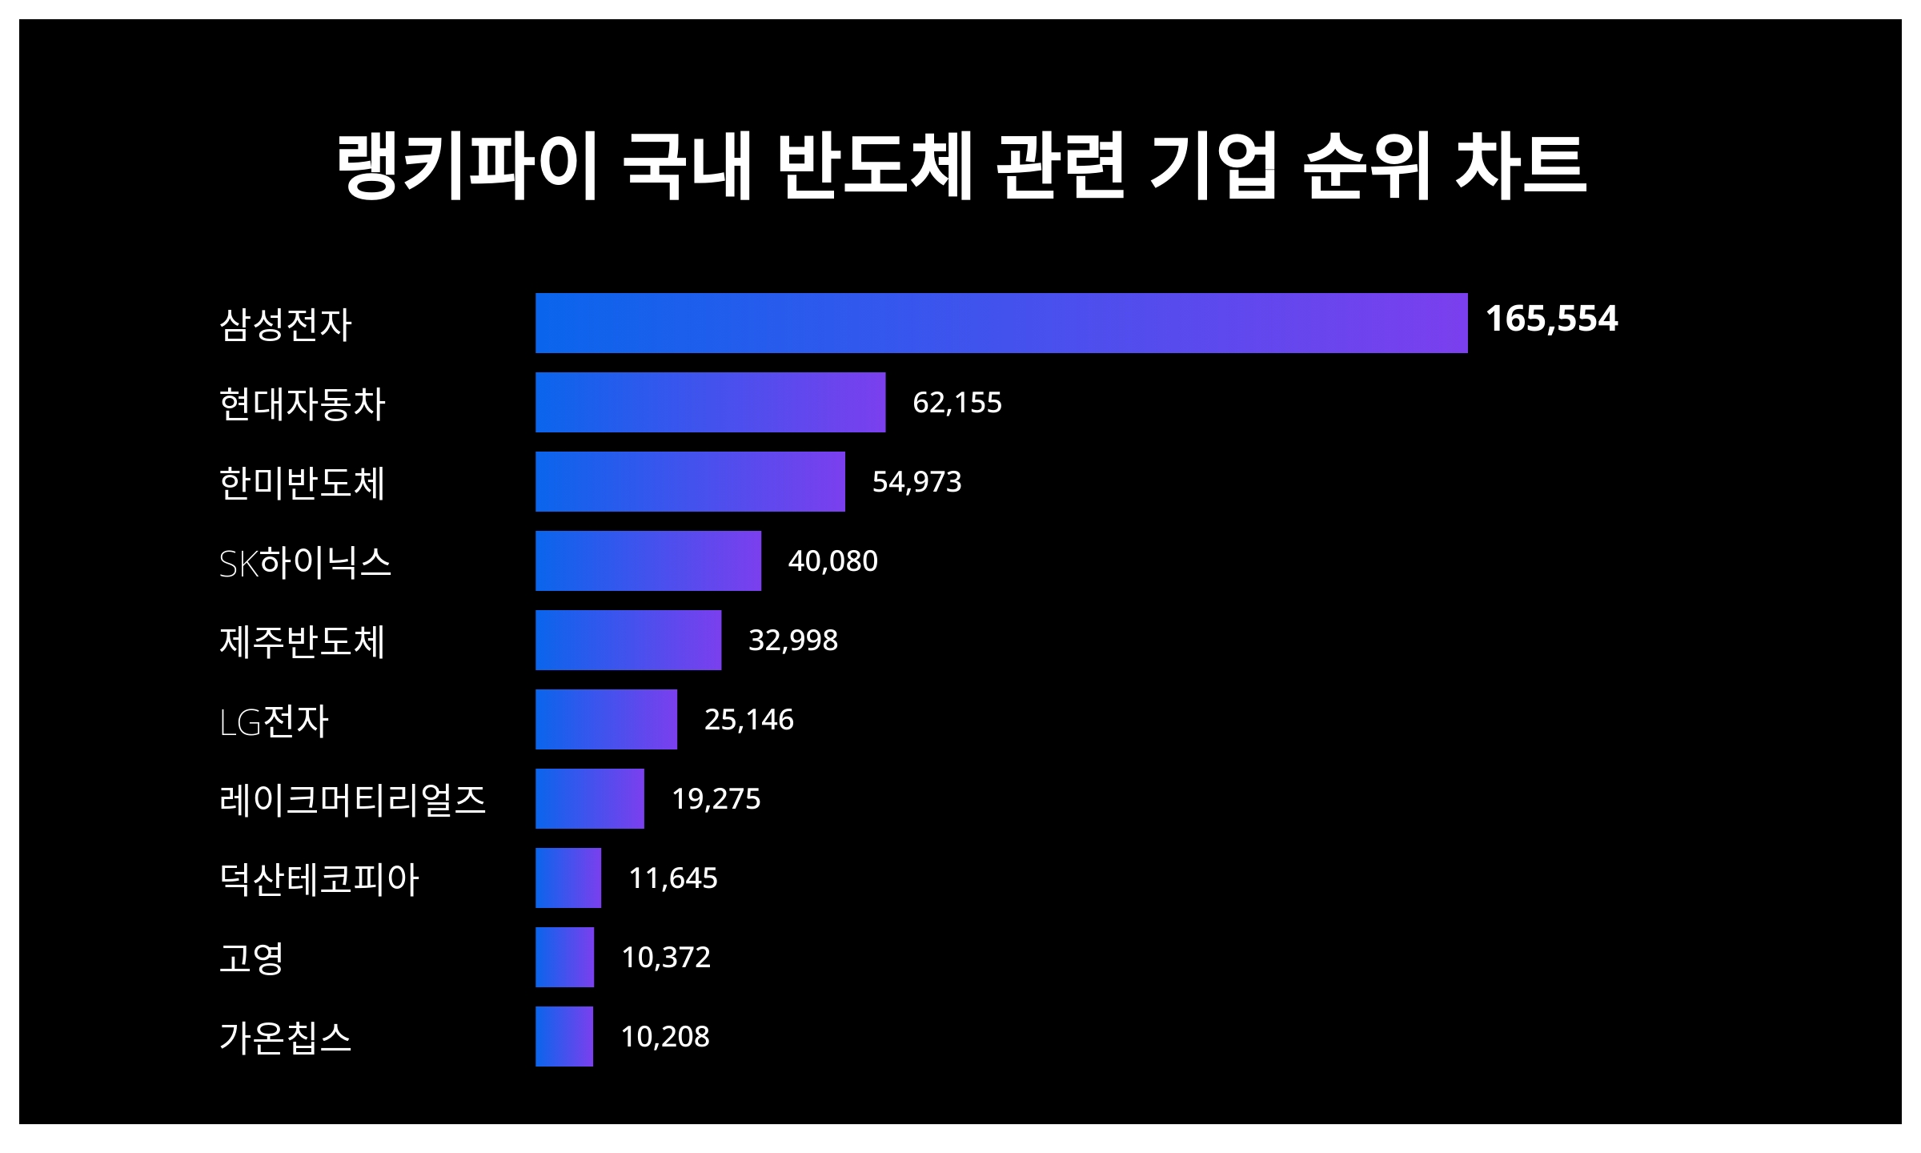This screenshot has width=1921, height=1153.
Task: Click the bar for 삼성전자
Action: click(x=1001, y=323)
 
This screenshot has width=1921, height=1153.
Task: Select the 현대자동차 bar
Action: click(x=710, y=402)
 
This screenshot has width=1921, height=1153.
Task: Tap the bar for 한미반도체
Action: click(x=690, y=481)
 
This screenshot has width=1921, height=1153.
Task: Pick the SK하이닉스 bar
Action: click(x=648, y=560)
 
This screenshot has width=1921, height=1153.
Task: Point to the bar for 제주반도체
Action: click(x=628, y=640)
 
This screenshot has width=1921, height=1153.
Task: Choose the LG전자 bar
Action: click(x=606, y=719)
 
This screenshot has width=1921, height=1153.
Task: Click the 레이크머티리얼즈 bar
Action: click(x=589, y=798)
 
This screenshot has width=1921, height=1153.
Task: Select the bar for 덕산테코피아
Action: click(x=567, y=878)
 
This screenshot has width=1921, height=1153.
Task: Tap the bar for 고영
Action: click(x=564, y=957)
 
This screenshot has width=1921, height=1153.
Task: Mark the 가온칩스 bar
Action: click(x=563, y=1036)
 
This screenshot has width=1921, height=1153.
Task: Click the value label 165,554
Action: click(x=1551, y=319)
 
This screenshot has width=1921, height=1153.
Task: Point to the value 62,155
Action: click(x=956, y=402)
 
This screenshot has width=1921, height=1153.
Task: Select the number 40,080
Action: click(x=832, y=560)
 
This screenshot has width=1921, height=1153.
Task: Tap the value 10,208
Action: click(x=664, y=1036)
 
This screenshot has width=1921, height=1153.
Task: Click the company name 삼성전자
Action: click(x=285, y=324)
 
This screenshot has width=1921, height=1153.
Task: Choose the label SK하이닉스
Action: click(x=305, y=562)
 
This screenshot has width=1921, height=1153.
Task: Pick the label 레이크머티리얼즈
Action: click(x=352, y=800)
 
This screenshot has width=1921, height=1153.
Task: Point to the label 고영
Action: click(x=251, y=958)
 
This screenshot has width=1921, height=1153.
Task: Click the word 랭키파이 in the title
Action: click(x=467, y=166)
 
